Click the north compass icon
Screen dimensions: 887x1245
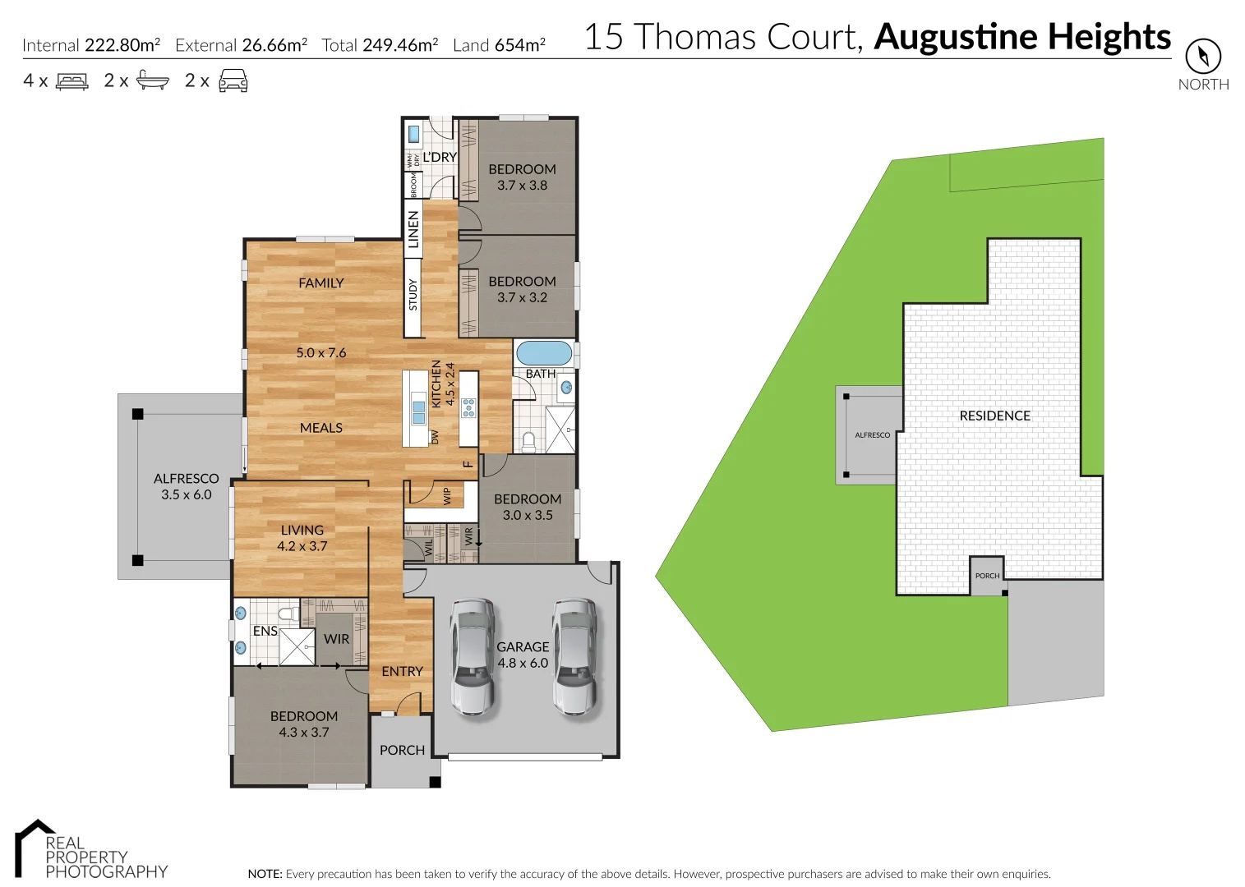(x=1202, y=57)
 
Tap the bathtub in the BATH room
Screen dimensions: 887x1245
(x=543, y=353)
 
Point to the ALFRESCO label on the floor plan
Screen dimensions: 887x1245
(x=187, y=478)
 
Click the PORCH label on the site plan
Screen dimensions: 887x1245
(x=987, y=576)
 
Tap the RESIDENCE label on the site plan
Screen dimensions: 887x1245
(x=994, y=416)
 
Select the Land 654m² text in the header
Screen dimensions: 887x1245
(x=499, y=45)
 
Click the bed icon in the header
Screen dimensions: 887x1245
(x=71, y=81)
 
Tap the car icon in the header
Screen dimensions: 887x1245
(x=233, y=81)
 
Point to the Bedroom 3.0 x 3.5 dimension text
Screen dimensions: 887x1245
(x=528, y=515)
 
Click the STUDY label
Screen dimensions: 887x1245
(x=413, y=295)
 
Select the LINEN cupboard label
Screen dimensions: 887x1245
(x=413, y=229)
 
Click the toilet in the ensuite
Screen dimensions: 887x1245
(x=288, y=614)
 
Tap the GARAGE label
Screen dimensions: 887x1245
(x=523, y=647)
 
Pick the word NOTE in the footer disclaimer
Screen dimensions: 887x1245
(x=265, y=874)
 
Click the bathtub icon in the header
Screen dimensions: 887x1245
(x=153, y=80)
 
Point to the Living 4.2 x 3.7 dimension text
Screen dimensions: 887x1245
(x=302, y=546)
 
